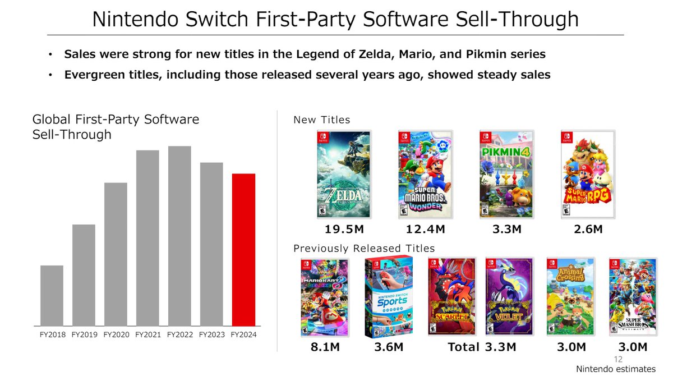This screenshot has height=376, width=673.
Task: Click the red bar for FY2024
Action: pos(243,250)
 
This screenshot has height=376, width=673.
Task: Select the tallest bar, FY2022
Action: pos(179,236)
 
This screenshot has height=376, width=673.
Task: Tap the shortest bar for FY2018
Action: pos(52,295)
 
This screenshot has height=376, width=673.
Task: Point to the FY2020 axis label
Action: pos(116,335)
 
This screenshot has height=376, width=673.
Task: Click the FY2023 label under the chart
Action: pos(211,335)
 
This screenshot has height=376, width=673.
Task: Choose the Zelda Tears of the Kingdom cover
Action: pos(343,175)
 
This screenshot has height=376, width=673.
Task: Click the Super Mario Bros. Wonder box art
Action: pos(425,175)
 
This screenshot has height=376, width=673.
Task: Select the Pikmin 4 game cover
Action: pos(507,175)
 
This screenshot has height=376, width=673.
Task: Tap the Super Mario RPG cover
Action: pos(588,175)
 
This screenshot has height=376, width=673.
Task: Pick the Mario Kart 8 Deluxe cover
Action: pos(325,297)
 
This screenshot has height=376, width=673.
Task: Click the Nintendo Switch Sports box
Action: pos(389,297)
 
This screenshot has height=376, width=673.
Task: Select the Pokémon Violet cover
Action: pos(509,297)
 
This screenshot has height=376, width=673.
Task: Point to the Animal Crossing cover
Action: pos(570,297)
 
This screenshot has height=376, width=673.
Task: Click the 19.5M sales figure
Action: pos(344,230)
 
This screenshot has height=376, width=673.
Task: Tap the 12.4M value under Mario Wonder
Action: pos(426,230)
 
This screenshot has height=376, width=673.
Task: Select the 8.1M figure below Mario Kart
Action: pos(325,347)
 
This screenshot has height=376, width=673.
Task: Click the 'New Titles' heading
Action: pos(322,120)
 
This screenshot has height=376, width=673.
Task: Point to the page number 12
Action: pos(619,359)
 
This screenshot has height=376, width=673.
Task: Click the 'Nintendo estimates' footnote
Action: pos(616,369)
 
